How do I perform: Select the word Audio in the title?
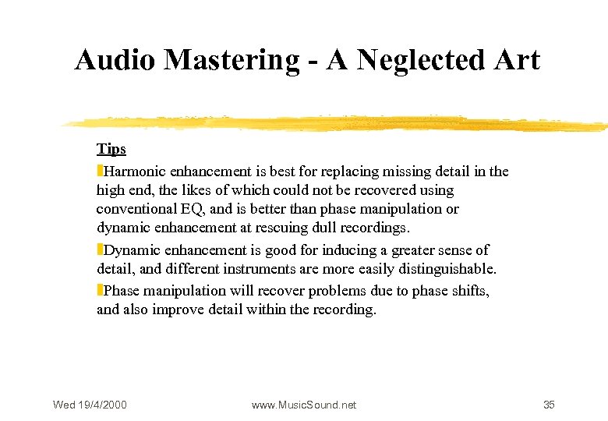(111, 60)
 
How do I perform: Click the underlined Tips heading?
(111, 149)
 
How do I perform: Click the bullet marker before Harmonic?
(100, 170)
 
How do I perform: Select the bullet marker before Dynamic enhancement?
(100, 249)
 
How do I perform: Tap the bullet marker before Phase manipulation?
(100, 290)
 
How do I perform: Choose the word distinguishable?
(447, 270)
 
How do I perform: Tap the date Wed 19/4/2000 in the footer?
(90, 405)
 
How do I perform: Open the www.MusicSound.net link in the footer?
(304, 405)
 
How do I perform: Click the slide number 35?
(549, 405)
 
